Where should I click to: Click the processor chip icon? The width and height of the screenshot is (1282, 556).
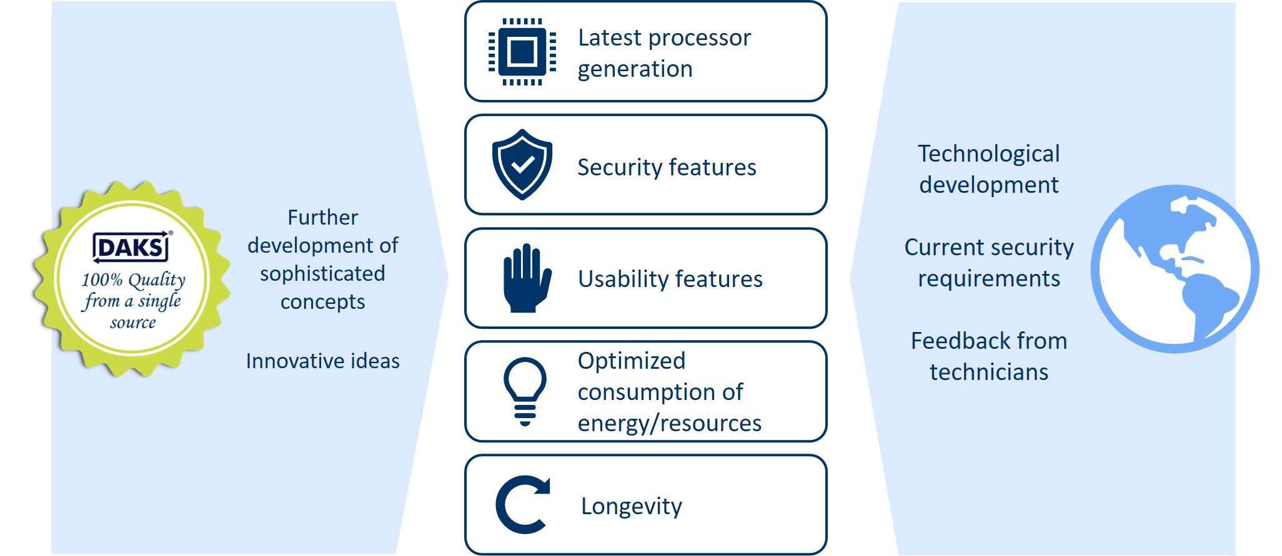(x=522, y=52)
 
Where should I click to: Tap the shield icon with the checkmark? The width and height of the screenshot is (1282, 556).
(x=522, y=165)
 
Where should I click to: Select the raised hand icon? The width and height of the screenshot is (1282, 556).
(x=527, y=278)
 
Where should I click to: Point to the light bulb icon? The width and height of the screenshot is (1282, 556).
(x=525, y=391)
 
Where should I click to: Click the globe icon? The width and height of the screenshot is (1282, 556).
(x=1175, y=269)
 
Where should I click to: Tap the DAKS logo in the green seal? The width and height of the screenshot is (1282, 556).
(x=132, y=248)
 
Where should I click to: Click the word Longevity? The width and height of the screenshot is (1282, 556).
(x=632, y=506)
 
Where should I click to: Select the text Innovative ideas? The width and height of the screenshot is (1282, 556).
(x=322, y=361)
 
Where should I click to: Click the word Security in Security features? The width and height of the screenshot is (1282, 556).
(x=620, y=167)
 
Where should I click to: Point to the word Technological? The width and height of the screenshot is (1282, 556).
(x=988, y=154)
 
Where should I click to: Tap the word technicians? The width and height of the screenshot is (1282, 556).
(x=989, y=372)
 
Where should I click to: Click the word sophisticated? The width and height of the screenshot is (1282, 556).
(x=322, y=274)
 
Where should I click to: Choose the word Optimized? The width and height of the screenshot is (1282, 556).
(x=632, y=361)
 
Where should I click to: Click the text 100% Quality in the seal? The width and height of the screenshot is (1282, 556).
(x=133, y=280)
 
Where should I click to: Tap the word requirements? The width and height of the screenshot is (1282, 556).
(x=989, y=278)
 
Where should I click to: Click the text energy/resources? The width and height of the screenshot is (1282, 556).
(x=670, y=423)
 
